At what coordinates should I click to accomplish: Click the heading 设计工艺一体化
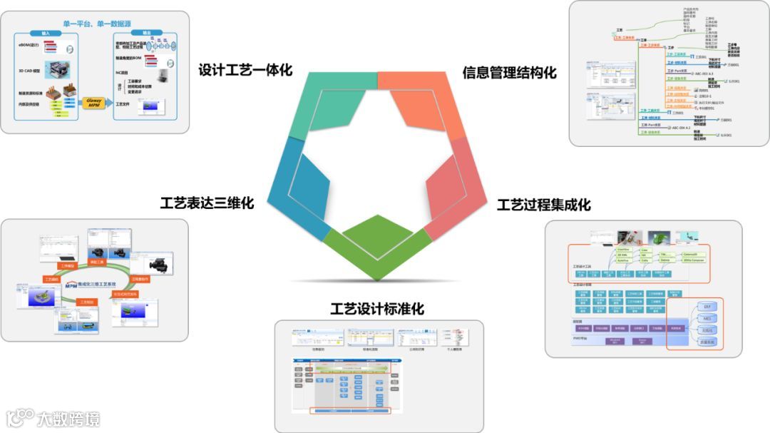pyautogui.click(x=245, y=71)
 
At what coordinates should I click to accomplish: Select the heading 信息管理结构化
pyautogui.click(x=509, y=73)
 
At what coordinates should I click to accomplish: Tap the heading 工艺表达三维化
pyautogui.click(x=207, y=203)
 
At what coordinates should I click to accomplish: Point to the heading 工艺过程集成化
pyautogui.click(x=543, y=205)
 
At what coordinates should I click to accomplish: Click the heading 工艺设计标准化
pyautogui.click(x=377, y=309)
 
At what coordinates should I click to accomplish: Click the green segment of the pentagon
pyautogui.click(x=379, y=246)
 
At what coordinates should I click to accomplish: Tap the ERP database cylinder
pyautogui.click(x=707, y=306)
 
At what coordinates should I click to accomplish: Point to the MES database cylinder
pyautogui.click(x=707, y=318)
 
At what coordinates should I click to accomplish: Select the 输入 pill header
pyautogui.click(x=46, y=33)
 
